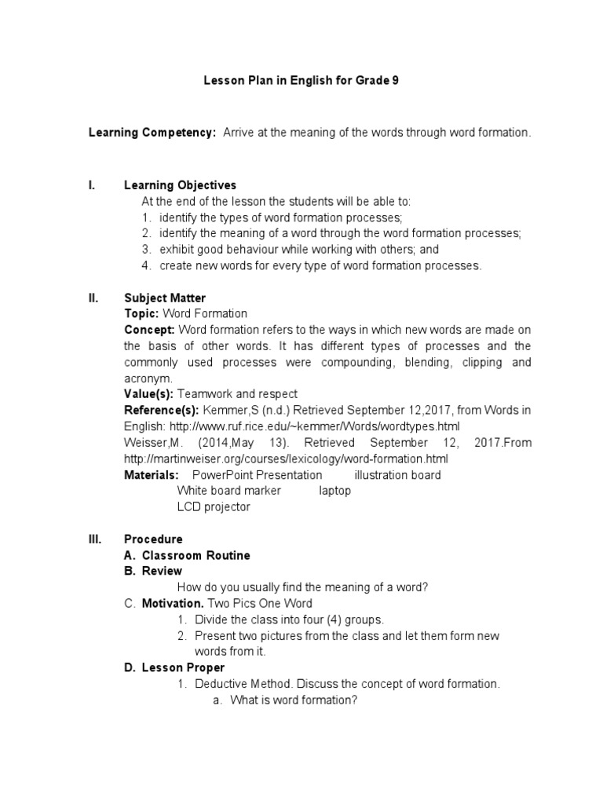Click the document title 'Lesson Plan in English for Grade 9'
click(301, 80)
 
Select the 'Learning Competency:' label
click(152, 133)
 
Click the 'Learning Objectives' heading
click(180, 185)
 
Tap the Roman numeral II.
click(93, 298)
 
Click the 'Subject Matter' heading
click(165, 298)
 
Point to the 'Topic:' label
click(141, 313)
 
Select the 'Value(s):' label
click(149, 393)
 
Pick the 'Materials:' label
click(152, 474)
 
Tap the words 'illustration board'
click(397, 474)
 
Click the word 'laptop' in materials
click(334, 490)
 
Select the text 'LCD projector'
click(214, 506)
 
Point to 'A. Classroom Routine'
click(187, 555)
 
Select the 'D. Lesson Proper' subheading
click(174, 667)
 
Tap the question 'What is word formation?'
click(293, 700)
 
